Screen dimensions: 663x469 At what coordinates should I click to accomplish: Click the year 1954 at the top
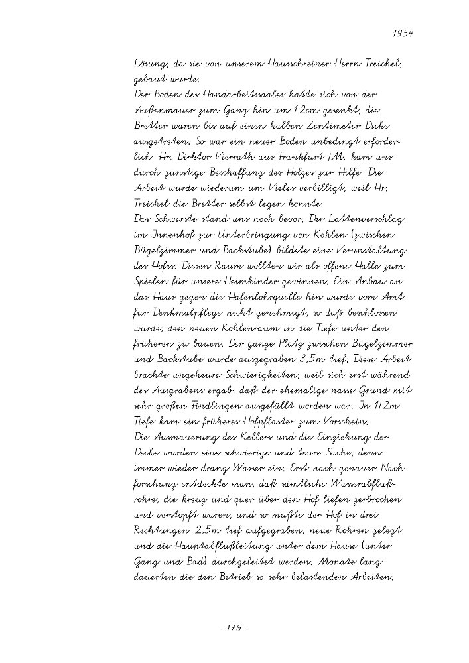pos(402,32)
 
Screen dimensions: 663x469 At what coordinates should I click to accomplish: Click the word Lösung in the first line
pos(149,64)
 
